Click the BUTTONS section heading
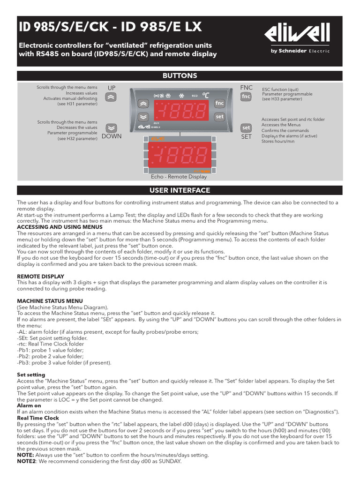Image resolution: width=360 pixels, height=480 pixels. (180, 76)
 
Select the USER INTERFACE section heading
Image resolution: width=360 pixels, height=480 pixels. (180, 190)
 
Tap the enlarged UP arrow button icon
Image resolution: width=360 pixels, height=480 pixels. (111, 97)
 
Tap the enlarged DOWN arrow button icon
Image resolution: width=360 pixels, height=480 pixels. (111, 127)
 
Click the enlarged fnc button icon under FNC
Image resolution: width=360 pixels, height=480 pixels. (246, 97)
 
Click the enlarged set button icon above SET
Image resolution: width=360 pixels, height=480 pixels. (246, 127)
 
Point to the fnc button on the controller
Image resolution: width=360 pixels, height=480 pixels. (219, 103)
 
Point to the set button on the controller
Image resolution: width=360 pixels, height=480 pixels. (219, 116)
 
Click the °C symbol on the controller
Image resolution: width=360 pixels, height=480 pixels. (206, 95)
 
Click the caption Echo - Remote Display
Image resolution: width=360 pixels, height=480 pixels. (179, 177)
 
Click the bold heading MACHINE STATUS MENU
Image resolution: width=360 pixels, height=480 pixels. (50, 300)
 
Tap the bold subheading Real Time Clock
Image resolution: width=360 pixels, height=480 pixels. (38, 418)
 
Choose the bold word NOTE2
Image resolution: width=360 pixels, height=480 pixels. (28, 461)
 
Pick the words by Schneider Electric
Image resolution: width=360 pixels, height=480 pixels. (300, 51)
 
